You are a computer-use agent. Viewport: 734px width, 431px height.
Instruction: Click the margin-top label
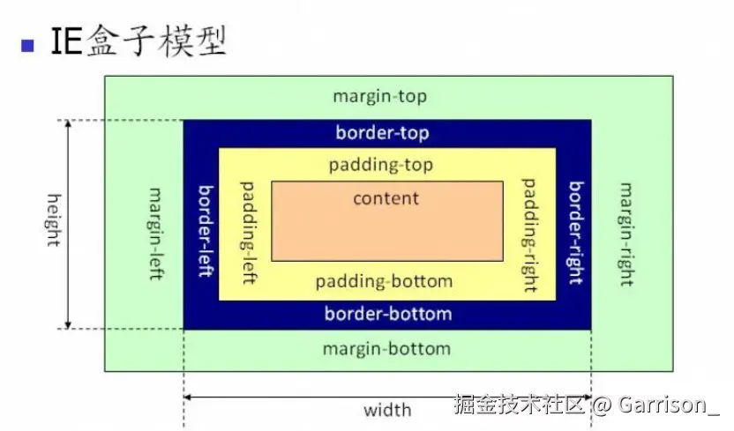[379, 96]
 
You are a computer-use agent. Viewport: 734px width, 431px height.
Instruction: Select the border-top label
[382, 133]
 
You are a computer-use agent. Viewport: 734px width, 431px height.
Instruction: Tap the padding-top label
[381, 165]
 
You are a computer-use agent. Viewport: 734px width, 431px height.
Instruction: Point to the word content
[386, 198]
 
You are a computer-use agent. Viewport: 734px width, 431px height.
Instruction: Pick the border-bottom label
[388, 314]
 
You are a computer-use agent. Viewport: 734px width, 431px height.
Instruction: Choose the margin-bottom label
[386, 348]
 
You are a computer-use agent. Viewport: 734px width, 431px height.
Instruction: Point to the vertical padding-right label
[529, 234]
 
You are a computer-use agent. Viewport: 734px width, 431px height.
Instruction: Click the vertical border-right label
[575, 233]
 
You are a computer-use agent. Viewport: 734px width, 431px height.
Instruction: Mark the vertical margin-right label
[626, 234]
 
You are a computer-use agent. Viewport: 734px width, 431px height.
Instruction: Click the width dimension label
[387, 410]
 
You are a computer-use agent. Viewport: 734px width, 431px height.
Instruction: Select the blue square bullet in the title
[28, 44]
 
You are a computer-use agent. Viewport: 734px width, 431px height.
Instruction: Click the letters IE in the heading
[67, 42]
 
